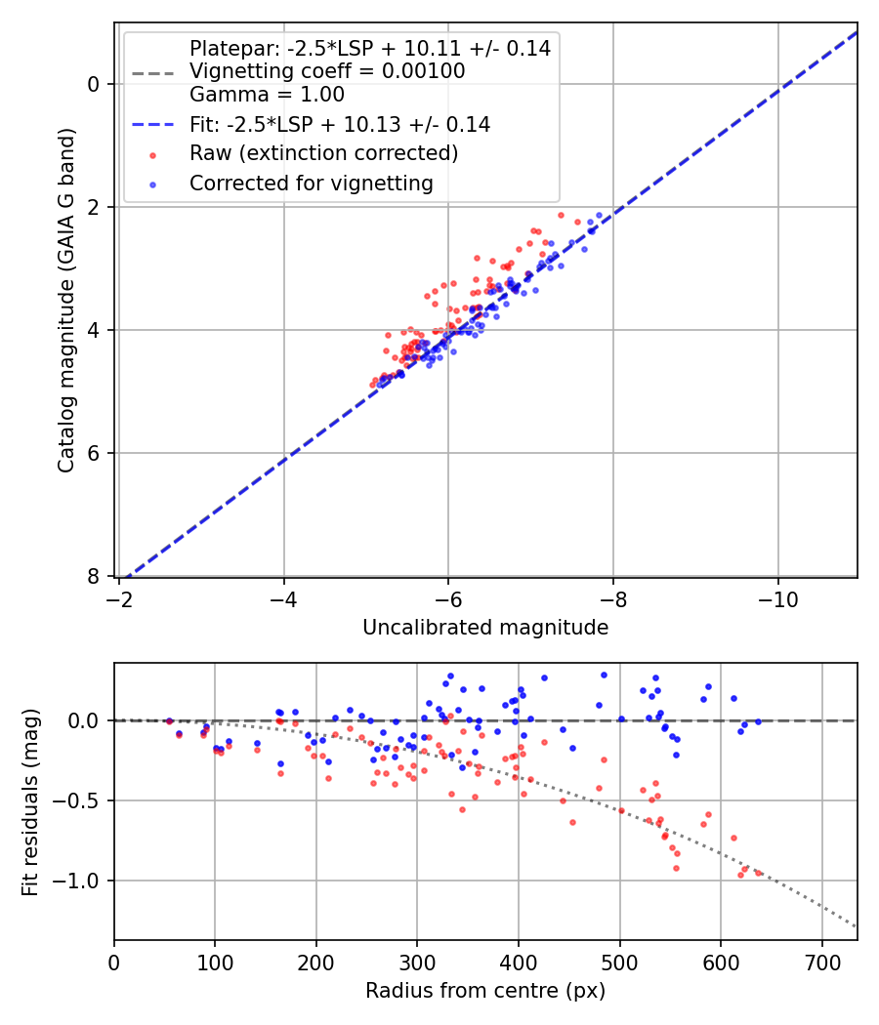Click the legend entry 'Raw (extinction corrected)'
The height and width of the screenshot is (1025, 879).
(323, 153)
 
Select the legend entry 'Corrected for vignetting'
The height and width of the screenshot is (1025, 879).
(313, 183)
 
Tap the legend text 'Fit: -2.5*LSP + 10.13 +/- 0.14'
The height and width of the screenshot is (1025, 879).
(340, 125)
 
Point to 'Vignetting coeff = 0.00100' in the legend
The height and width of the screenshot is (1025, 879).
(327, 71)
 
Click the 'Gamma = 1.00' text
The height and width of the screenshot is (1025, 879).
(267, 95)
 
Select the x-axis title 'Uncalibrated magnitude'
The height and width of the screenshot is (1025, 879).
(485, 628)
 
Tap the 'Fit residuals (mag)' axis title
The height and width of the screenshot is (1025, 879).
(30, 801)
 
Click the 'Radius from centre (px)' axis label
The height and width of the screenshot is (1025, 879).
(485, 991)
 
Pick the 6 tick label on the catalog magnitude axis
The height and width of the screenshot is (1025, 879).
(95, 453)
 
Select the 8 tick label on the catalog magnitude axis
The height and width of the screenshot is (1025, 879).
(95, 576)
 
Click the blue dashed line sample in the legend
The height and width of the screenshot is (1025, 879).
(151, 125)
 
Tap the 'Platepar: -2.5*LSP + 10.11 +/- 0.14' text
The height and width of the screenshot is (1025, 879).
(369, 48)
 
